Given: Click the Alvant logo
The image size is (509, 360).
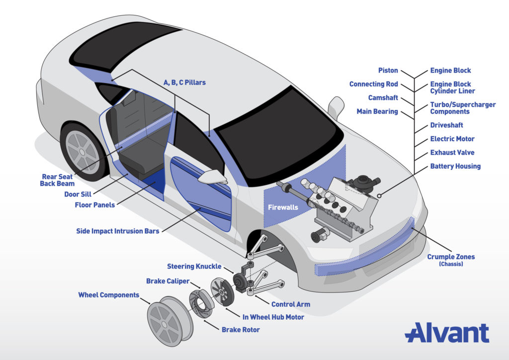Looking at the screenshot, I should (446, 333).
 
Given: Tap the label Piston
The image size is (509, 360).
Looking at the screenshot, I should (388, 71).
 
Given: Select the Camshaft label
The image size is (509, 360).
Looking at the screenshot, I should (383, 98).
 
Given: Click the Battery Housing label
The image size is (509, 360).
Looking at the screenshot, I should (455, 166).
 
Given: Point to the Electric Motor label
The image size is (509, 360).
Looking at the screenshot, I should (452, 139).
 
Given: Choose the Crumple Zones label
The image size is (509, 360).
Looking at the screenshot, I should (451, 257).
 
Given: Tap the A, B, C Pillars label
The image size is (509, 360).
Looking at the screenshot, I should (184, 82).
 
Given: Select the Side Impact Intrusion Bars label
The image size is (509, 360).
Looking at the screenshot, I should (118, 231).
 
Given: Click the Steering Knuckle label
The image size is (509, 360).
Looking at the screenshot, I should (194, 267).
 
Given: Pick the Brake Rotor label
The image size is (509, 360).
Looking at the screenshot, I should (241, 330).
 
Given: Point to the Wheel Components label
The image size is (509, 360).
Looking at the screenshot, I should (108, 295).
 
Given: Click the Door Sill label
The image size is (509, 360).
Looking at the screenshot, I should (78, 194).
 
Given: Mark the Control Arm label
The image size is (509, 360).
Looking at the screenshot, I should (291, 304).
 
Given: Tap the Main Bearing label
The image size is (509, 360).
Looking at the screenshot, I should (377, 111).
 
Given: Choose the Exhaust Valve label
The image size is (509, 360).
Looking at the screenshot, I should (452, 153).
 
